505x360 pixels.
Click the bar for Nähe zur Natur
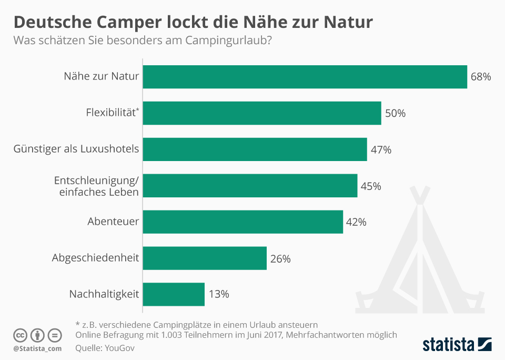(x=305, y=77)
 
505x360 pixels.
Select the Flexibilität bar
(x=262, y=113)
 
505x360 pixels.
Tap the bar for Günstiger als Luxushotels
(x=255, y=149)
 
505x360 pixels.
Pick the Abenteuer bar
(x=243, y=222)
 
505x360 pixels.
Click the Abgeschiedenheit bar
(x=205, y=258)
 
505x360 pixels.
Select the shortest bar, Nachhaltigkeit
(x=174, y=294)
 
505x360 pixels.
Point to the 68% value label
(x=480, y=77)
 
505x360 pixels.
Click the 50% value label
(x=395, y=113)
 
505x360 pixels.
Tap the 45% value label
(x=371, y=186)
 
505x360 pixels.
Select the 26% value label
(x=280, y=258)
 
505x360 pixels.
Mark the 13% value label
(x=218, y=294)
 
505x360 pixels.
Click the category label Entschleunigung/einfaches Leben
(x=96, y=186)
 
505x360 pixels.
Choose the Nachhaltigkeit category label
(x=104, y=294)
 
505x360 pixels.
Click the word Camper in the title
(x=138, y=22)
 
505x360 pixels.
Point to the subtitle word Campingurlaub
(x=227, y=41)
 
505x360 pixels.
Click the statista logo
(x=457, y=345)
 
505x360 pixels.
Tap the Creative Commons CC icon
(x=20, y=335)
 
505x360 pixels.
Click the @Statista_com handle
(x=37, y=348)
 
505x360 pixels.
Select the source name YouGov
(x=116, y=348)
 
